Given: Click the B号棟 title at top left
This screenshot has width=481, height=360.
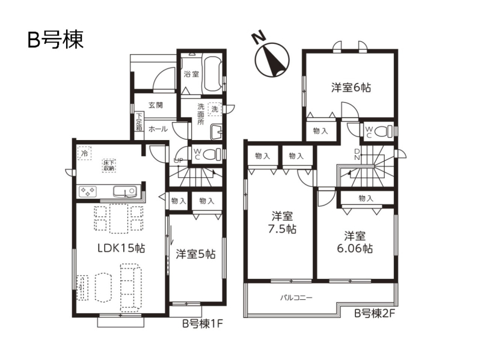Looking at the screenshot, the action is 55,40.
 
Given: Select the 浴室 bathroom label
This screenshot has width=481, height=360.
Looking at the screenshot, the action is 191,74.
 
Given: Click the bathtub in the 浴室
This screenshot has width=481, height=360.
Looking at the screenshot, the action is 212,73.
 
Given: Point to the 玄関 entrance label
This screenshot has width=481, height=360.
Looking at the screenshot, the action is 156,105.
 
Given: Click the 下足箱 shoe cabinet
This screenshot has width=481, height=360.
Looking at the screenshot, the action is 139,122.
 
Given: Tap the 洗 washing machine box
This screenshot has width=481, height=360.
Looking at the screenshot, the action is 215,109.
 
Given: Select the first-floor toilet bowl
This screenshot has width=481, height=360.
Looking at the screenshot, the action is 212,153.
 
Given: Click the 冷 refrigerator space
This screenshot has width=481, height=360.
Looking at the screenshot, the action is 84,153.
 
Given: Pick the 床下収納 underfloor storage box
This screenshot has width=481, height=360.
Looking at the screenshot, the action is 109,165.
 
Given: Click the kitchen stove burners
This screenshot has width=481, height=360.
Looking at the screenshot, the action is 88,192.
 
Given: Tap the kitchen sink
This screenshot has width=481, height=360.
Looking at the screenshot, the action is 124,191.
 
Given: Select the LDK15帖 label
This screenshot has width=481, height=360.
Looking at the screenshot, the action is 121,248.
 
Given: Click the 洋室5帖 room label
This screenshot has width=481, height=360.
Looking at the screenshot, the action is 196,254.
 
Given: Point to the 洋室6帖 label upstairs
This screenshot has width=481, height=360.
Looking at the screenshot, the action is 351,88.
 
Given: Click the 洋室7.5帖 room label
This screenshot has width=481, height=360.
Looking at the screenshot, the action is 282,223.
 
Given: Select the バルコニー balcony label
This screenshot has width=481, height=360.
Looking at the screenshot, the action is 296,297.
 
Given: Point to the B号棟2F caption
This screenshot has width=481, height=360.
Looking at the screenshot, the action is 375,313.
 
